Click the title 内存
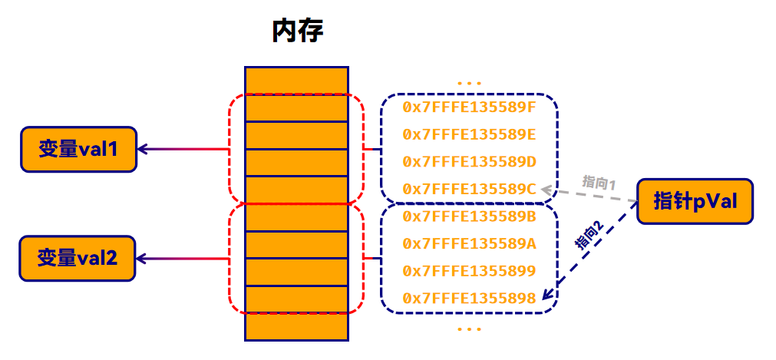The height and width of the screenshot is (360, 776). [x=297, y=31]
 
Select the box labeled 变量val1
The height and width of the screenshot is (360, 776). [x=78, y=149]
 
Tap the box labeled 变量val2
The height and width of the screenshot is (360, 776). [x=78, y=258]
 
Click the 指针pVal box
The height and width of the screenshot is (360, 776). [x=695, y=202]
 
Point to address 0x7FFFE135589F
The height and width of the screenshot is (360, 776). [x=469, y=107]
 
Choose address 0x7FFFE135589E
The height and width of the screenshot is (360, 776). [x=469, y=134]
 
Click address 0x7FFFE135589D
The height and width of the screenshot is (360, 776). [x=469, y=162]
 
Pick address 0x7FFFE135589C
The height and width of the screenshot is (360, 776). [x=469, y=189]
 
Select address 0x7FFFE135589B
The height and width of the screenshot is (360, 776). [x=469, y=216]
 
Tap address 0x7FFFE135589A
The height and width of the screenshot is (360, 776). [x=469, y=244]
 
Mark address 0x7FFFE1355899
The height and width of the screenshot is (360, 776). [x=469, y=271]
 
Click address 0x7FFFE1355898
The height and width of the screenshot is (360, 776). [x=469, y=299]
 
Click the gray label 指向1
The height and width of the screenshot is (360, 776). [x=600, y=183]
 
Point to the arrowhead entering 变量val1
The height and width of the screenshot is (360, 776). [x=142, y=149]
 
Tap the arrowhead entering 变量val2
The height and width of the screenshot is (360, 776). [x=142, y=258]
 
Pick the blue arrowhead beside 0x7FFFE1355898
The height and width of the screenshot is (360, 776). [x=547, y=295]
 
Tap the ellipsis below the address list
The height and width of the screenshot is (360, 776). [x=468, y=329]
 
